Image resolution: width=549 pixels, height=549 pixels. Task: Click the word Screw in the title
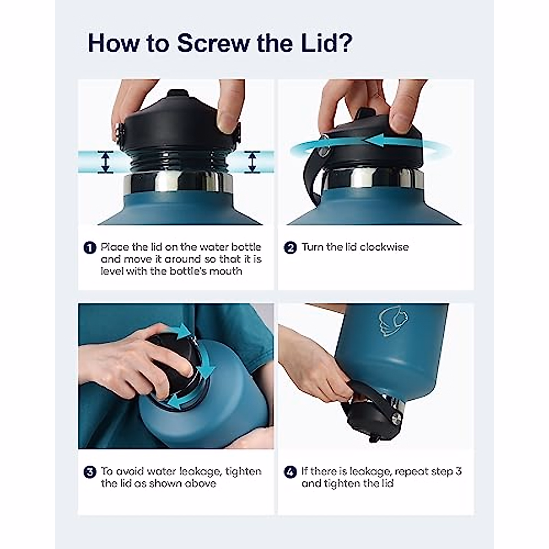[213, 43]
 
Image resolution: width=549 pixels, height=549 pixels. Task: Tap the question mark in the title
[345, 43]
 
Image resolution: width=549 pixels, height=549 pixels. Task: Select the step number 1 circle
[90, 248]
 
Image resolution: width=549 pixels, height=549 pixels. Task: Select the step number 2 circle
[290, 248]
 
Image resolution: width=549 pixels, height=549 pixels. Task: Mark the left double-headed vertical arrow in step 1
[106, 162]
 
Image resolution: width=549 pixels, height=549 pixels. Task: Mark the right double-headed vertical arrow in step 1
[253, 162]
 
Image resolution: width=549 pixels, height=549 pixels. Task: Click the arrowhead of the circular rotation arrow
[376, 141]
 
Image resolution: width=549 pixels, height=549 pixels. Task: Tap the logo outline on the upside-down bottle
[394, 324]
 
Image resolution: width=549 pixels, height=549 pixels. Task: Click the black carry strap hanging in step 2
[311, 179]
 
